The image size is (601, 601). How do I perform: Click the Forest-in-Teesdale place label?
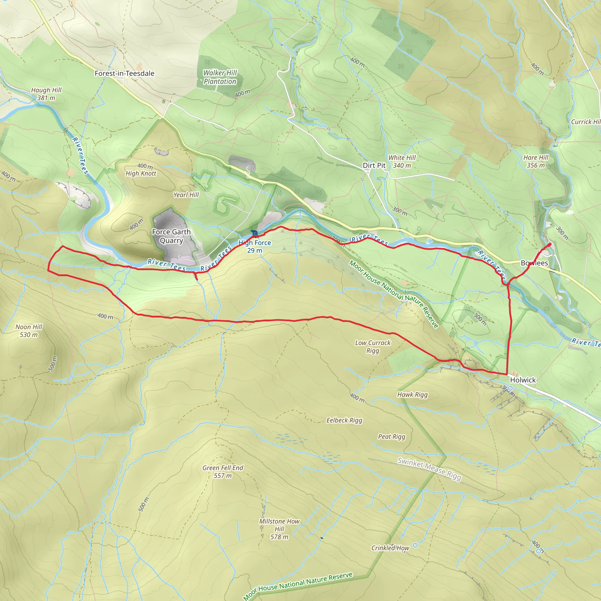tap(124, 73)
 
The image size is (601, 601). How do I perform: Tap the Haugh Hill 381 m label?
tap(46, 94)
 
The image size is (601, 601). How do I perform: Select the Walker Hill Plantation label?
tap(220, 77)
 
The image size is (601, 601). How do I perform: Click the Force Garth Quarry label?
tap(171, 236)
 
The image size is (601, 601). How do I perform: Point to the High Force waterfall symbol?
tap(255, 233)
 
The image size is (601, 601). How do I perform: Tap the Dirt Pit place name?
tap(374, 166)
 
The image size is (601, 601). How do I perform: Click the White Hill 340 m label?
tap(402, 161)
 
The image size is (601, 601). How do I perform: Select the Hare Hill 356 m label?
tap(536, 161)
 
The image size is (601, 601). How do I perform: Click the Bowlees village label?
tap(534, 263)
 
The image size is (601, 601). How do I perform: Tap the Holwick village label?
tap(523, 380)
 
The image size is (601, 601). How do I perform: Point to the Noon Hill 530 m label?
tap(29, 331)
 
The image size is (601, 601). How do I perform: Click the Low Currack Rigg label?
tap(373, 347)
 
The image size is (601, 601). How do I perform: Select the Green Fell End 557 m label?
tap(223, 472)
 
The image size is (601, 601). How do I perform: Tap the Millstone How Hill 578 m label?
tap(279, 529)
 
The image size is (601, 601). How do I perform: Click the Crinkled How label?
tap(390, 548)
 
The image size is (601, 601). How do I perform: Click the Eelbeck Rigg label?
tap(344, 420)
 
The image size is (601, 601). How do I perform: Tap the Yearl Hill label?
tap(186, 195)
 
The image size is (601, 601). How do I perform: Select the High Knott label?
tap(141, 173)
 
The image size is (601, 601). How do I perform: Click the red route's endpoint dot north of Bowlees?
tap(550, 244)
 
